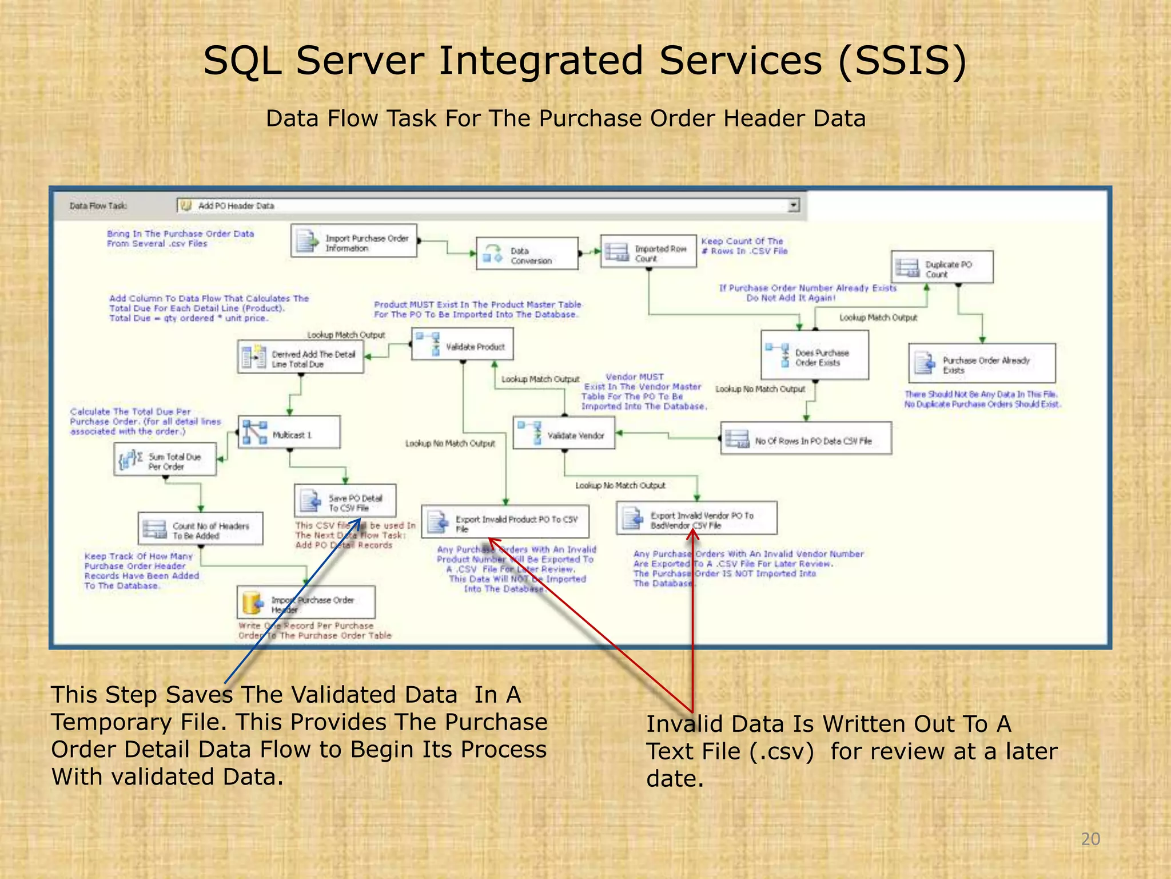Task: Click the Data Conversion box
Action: (527, 254)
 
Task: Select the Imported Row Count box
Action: (648, 251)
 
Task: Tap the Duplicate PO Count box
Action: (942, 267)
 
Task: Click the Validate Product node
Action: (463, 345)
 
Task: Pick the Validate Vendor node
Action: (564, 433)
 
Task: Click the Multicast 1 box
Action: (289, 433)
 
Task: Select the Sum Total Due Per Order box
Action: (165, 460)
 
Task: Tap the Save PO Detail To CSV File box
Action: (345, 501)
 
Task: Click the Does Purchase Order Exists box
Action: (815, 355)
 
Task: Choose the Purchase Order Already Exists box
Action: (982, 363)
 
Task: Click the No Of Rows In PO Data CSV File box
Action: (806, 439)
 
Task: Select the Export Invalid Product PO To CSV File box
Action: (505, 522)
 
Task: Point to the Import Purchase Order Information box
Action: (354, 241)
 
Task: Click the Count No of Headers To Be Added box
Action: (201, 529)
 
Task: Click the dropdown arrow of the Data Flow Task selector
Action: (793, 205)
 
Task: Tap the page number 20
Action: (1090, 839)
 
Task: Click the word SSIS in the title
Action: (902, 61)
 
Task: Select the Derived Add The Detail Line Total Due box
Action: (301, 357)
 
